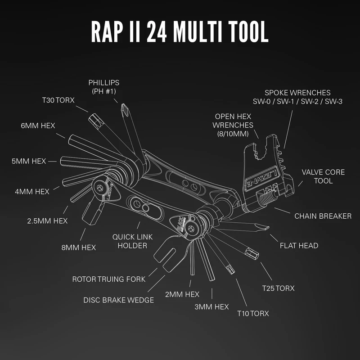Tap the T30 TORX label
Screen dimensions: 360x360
tap(59, 100)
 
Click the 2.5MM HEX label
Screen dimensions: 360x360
tap(47, 220)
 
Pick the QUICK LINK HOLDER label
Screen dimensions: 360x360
tap(130, 241)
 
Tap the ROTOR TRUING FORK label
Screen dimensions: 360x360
tap(109, 279)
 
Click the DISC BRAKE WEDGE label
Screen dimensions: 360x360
tap(119, 300)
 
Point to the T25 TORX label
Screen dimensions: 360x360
tap(279, 288)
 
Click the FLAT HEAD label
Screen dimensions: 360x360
tap(299, 245)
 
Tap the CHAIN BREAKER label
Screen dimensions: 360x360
tap(323, 216)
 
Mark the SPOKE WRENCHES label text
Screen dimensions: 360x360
tap(304, 97)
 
